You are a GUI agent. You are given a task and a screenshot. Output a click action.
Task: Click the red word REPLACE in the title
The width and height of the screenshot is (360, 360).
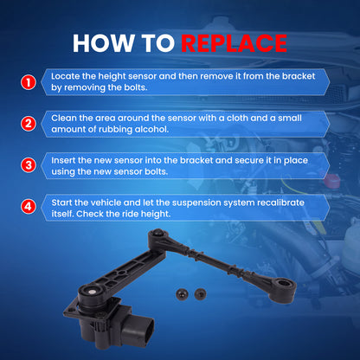pos(234,43)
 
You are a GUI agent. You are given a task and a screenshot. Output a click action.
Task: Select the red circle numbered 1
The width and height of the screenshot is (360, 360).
pos(29,82)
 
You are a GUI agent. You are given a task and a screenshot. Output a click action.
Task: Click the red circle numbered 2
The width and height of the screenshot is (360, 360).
pos(29,124)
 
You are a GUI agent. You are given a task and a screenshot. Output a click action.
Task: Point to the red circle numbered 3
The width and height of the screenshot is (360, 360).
pos(29,165)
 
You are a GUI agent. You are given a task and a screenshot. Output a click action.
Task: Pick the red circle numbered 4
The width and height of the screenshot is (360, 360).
pos(29,207)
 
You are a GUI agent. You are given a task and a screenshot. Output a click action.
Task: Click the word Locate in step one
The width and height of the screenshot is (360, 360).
pos(66,76)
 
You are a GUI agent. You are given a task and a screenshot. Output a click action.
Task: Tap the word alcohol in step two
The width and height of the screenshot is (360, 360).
pos(151,129)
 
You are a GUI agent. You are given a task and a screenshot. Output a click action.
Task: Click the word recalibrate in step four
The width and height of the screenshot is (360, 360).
pos(280,202)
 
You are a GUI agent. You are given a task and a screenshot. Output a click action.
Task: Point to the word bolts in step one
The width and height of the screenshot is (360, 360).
pos(136,87)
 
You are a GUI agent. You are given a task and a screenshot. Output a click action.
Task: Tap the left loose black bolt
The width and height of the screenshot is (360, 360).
pos(182,294)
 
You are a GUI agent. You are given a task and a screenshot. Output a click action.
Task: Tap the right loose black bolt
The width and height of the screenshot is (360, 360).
pos(200,294)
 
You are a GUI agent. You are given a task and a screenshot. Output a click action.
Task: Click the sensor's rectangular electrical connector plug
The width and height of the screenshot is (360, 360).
pos(138,331)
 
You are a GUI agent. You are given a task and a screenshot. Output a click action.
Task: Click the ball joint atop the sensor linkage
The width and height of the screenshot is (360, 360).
pos(157,233)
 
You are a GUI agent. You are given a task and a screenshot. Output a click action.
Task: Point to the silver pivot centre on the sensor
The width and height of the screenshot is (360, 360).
pos(92,292)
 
